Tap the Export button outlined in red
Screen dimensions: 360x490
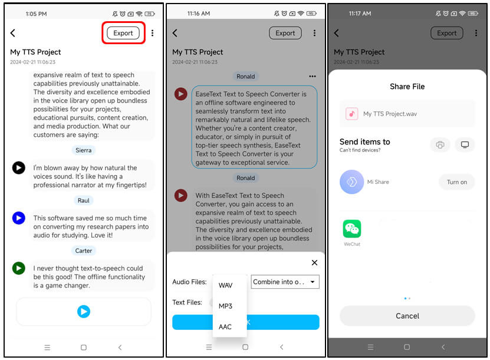(123, 33)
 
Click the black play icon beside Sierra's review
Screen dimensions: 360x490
(19, 168)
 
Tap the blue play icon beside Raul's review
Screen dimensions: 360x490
(19, 218)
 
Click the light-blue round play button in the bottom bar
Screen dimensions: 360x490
(84, 312)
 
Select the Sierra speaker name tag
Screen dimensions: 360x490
(84, 150)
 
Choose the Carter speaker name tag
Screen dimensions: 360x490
(84, 250)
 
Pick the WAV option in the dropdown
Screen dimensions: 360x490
(226, 286)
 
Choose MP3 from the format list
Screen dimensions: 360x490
(226, 306)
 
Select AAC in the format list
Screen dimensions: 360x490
(225, 327)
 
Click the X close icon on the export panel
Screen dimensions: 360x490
(314, 263)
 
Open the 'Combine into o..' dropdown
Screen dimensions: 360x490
(285, 282)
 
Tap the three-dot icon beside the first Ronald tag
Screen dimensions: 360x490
(313, 76)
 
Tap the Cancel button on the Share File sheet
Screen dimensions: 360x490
(407, 316)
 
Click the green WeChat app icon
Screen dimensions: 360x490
(352, 229)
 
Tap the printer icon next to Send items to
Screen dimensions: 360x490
(440, 145)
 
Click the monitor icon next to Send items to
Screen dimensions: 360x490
(465, 145)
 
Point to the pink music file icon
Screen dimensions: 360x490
(352, 114)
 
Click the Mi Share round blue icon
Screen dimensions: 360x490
(352, 182)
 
